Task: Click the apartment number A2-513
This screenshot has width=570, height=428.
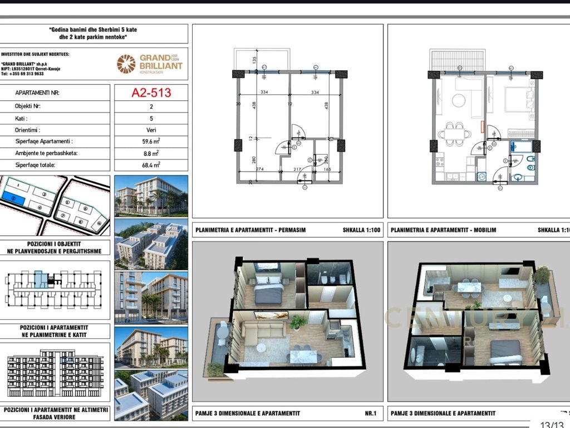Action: (x=151, y=93)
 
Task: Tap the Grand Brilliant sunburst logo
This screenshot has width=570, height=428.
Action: (x=126, y=64)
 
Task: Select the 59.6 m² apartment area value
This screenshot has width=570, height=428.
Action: (x=151, y=142)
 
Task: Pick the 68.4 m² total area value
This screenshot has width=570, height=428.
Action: (x=151, y=165)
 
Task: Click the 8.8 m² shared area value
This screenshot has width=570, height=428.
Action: (x=151, y=153)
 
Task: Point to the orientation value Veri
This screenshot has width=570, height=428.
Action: (x=151, y=130)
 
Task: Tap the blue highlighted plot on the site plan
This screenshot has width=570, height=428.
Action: (x=13, y=197)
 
